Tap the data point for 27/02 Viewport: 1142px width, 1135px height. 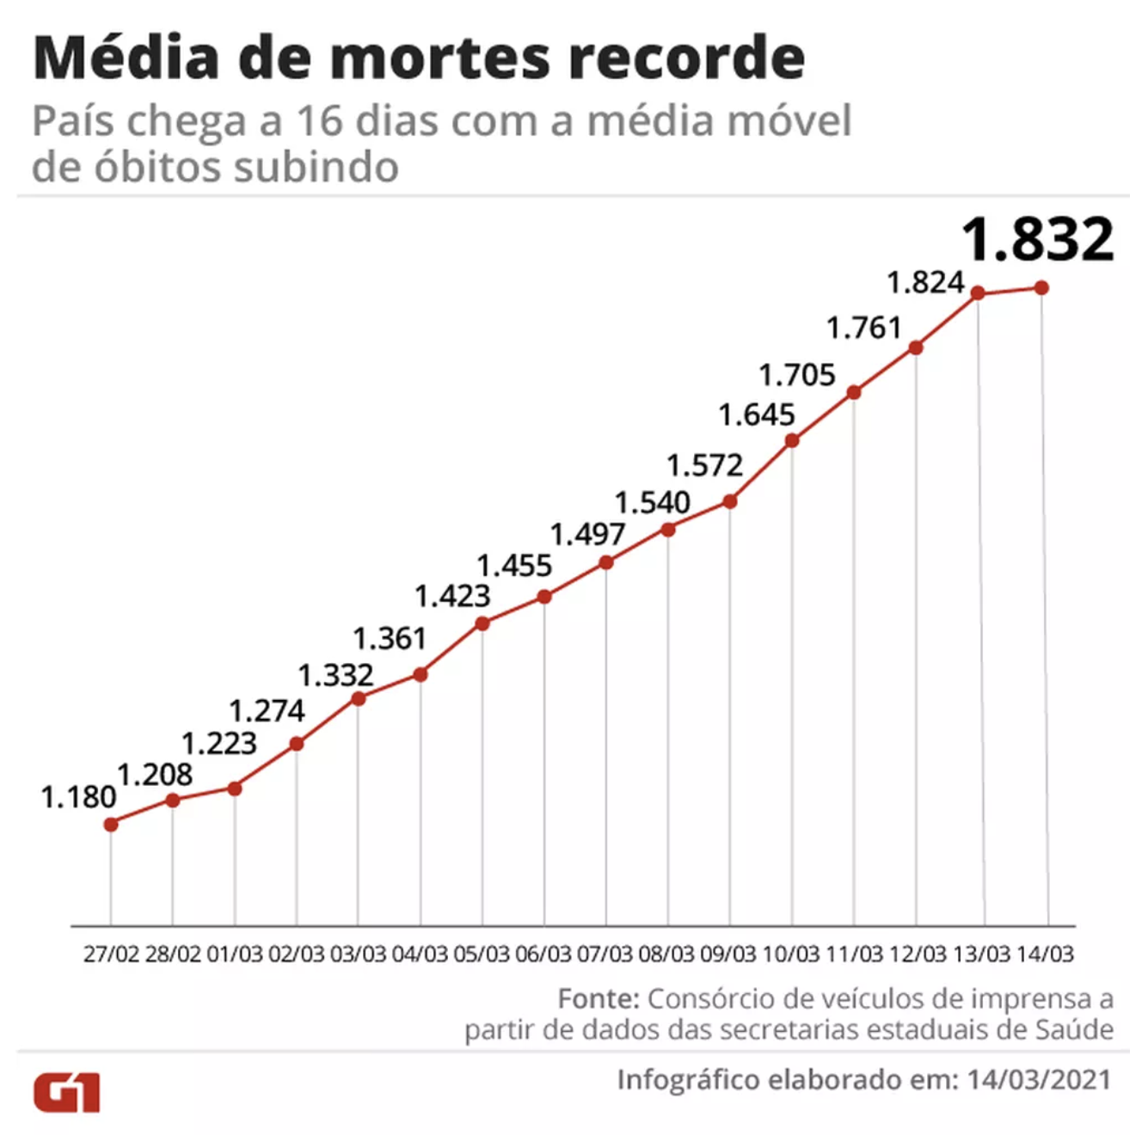111,824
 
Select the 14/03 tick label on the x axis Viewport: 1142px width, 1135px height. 1045,954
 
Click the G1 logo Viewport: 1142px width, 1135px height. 67,1092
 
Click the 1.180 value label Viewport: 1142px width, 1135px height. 78,797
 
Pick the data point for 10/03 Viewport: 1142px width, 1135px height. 792,441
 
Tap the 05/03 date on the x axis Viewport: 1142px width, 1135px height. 482,954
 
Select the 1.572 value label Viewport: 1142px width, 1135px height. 704,465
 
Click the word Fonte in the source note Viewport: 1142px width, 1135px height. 598,998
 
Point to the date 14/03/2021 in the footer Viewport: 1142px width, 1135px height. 1039,1079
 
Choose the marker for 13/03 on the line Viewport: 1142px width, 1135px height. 978,293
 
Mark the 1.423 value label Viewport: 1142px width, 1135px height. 452,596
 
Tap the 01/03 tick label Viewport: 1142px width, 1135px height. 235,954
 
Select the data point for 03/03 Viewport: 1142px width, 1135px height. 359,699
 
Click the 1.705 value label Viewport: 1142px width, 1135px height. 796,375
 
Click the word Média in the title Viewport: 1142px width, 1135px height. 126,58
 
